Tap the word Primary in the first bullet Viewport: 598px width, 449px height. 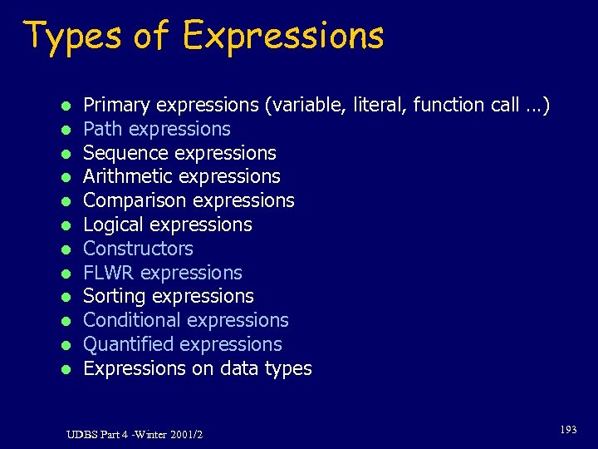coord(118,106)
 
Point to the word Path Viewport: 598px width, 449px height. coord(102,129)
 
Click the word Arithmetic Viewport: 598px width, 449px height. coord(128,177)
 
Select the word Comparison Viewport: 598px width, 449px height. coord(131,201)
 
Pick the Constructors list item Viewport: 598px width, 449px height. coord(138,249)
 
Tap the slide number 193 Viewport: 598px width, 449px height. coord(568,430)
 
